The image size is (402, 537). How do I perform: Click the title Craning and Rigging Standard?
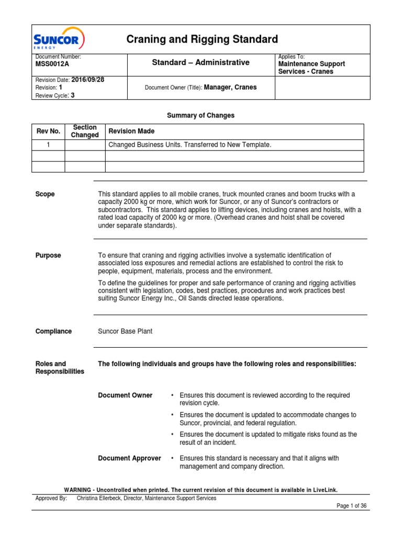click(203, 39)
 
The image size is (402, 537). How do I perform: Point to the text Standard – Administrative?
click(200, 62)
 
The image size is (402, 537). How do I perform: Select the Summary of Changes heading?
click(200, 115)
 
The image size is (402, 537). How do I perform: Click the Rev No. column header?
click(48, 131)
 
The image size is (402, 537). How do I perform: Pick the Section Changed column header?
click(85, 131)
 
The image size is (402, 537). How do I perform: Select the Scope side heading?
click(45, 194)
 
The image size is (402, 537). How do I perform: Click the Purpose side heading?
click(48, 255)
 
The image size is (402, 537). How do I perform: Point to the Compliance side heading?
click(53, 331)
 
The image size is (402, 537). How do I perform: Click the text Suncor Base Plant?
click(125, 331)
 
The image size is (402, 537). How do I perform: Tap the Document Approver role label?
click(129, 458)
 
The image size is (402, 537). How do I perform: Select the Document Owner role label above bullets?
click(125, 395)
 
